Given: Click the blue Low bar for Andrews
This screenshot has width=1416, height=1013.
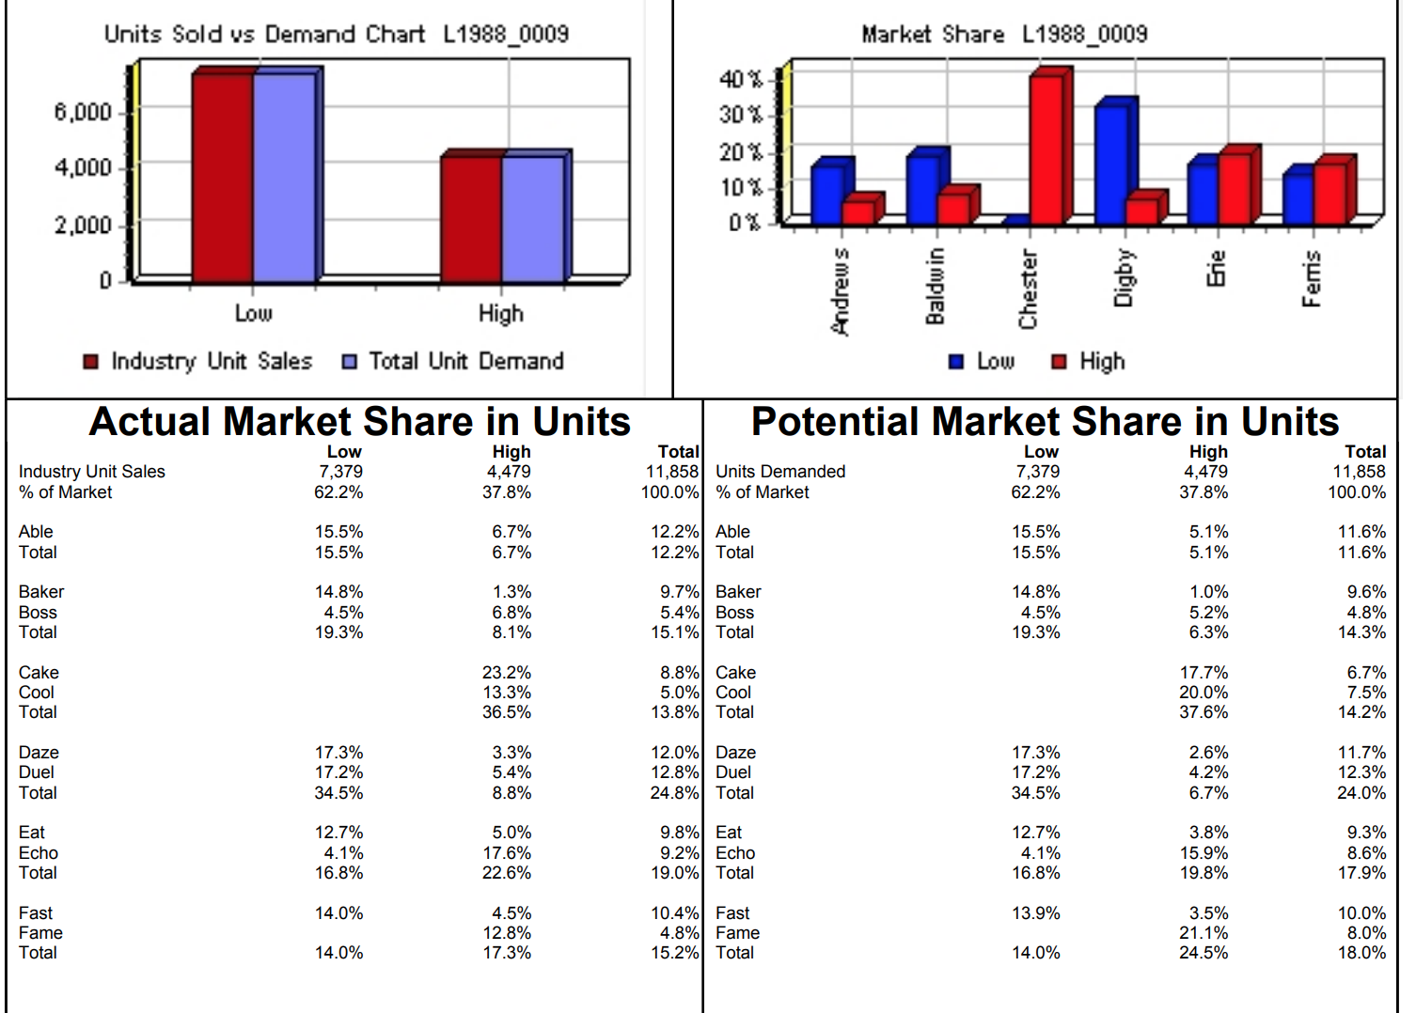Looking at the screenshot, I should pos(826,194).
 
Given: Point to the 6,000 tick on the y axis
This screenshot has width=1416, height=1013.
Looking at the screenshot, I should pos(83,113).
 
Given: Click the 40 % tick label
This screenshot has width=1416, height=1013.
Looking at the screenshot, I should pos(741,79).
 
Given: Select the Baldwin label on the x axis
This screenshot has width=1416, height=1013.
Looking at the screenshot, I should pos(935,286).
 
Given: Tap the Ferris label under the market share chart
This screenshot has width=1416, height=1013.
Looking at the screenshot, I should pos(1312,278).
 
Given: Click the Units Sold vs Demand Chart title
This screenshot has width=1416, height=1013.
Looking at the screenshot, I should pos(337,35).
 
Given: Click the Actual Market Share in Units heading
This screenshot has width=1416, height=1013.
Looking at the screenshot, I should pos(359,422).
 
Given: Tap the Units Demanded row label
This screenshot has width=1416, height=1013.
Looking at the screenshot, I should pos(780,472).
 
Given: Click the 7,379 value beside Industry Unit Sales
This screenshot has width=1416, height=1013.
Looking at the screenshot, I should pos(340,472).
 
